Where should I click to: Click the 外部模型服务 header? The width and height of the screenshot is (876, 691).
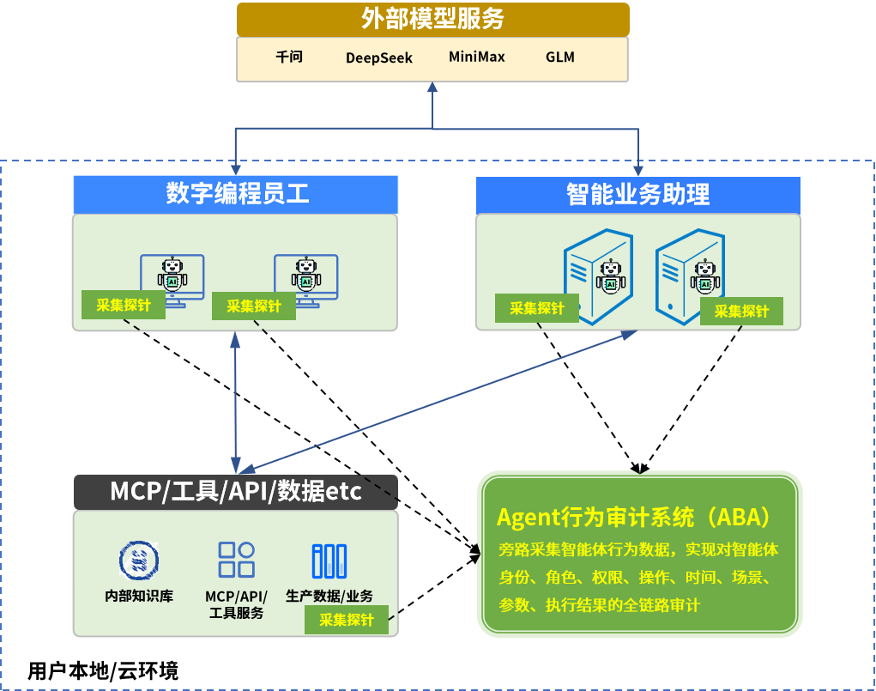(432, 19)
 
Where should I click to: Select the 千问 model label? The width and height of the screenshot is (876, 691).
(289, 58)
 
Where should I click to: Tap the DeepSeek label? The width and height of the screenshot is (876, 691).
(379, 58)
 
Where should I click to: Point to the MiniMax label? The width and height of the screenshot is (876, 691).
(477, 58)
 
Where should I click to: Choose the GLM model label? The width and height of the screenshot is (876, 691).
(560, 58)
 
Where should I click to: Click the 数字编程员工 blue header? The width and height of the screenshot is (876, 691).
(236, 195)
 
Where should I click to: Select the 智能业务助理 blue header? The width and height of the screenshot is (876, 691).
(638, 195)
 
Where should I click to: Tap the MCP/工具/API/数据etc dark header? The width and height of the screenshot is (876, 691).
(236, 492)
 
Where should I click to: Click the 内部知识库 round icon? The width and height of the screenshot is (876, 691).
(139, 560)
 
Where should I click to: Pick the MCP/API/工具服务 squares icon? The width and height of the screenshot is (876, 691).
(236, 560)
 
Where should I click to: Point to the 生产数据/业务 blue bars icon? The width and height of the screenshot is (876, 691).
(329, 561)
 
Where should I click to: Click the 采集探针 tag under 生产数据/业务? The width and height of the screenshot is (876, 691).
(347, 621)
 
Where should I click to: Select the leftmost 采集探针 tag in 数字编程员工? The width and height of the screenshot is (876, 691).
(124, 305)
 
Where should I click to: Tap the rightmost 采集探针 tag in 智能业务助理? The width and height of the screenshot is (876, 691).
(742, 312)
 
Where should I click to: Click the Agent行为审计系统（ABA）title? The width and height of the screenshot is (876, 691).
(633, 518)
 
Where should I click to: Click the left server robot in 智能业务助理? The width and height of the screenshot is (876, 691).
(611, 278)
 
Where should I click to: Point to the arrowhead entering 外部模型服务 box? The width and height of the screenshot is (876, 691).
(432, 87)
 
